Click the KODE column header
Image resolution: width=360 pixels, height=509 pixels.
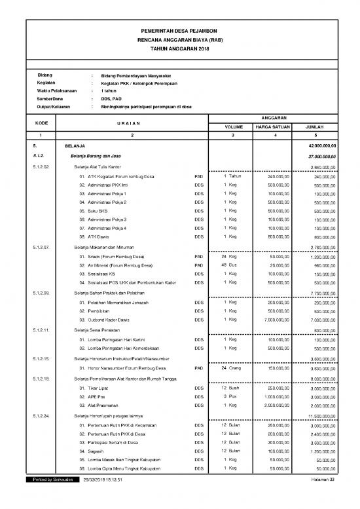[41, 122]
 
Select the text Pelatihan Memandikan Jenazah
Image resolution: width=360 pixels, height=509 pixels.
[115, 303]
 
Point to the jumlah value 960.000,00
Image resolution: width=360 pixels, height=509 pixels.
[320, 265]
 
